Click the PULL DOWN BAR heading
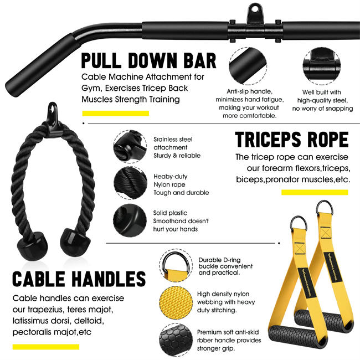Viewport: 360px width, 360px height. pyautogui.click(x=148, y=60)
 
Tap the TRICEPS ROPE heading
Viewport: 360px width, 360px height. pyautogui.click(x=291, y=140)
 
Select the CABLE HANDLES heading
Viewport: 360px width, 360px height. pyautogui.click(x=79, y=279)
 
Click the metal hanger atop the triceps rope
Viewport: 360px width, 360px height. pyautogui.click(x=53, y=110)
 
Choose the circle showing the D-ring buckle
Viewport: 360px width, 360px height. pyautogui.click(x=176, y=265)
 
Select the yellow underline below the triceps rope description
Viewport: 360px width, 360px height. pyautogui.click(x=314, y=192)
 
